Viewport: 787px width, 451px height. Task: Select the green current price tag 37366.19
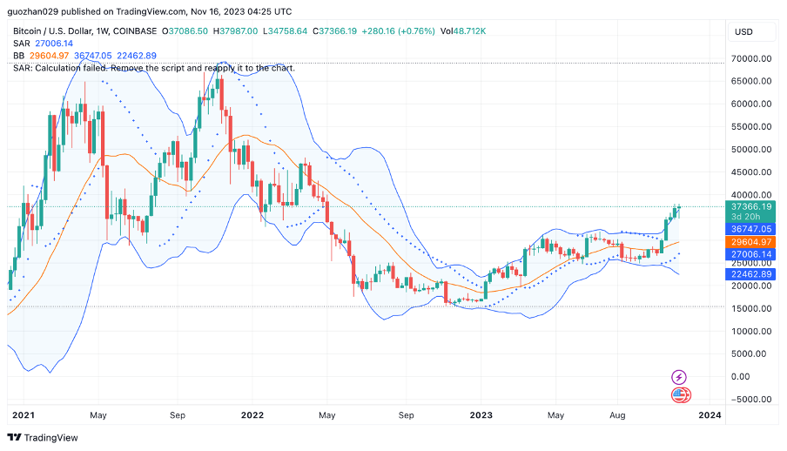click(x=751, y=207)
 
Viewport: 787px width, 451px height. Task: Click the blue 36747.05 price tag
click(x=751, y=228)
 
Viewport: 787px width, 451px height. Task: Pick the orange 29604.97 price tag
click(x=751, y=241)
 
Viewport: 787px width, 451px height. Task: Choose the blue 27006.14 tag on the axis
click(x=751, y=254)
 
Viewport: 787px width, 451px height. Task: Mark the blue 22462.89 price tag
click(x=751, y=273)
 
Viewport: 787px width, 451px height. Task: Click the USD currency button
click(x=743, y=31)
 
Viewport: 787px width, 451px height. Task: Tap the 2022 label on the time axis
click(x=252, y=416)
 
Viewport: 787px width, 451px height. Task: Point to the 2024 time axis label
click(x=710, y=416)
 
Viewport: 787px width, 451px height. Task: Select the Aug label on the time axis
click(x=616, y=416)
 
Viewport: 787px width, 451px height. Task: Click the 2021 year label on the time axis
click(x=24, y=416)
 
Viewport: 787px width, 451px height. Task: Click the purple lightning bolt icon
click(x=679, y=377)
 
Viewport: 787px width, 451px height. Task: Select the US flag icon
click(x=681, y=395)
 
